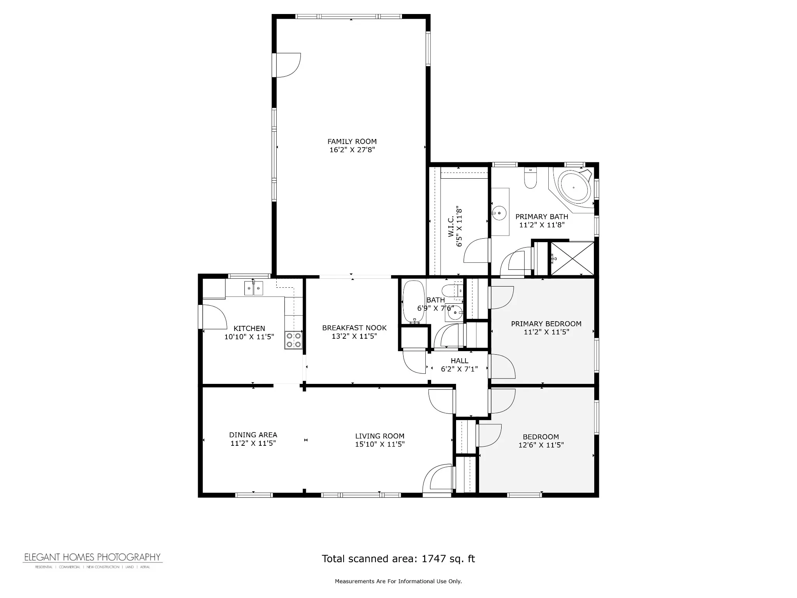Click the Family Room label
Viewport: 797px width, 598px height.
click(352, 142)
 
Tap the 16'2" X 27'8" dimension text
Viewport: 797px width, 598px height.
click(352, 150)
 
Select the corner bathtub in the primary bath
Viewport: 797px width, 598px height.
click(572, 188)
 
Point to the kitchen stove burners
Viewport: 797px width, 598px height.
click(293, 339)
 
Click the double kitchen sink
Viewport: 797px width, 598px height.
click(254, 288)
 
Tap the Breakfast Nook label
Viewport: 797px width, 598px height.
click(354, 328)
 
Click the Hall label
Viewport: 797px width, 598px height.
click(460, 361)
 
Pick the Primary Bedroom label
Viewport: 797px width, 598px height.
click(546, 324)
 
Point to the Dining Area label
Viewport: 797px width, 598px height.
click(253, 435)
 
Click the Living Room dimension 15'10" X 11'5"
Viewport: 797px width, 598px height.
click(380, 444)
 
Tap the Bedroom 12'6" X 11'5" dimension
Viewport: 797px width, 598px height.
click(541, 445)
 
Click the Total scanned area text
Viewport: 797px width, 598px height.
click(398, 559)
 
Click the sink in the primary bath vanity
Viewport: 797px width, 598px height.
click(498, 213)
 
